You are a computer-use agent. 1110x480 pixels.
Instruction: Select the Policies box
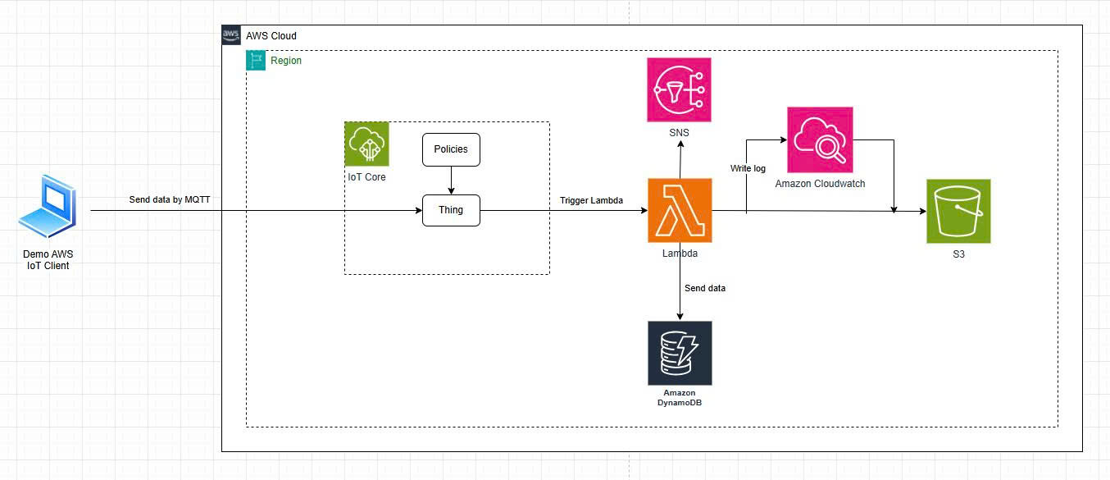(451, 149)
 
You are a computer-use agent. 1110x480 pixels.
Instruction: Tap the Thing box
(451, 210)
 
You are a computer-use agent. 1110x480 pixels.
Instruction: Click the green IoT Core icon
(367, 145)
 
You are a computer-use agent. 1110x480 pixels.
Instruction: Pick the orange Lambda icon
(680, 211)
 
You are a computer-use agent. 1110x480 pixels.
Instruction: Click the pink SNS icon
(680, 89)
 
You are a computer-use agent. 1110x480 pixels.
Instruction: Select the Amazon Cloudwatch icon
(820, 139)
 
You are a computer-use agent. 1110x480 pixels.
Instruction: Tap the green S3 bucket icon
(958, 211)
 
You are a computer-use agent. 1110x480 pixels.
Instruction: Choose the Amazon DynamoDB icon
(680, 353)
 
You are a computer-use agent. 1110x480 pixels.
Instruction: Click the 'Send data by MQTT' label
(170, 200)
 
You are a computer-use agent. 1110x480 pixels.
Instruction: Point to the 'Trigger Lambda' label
(591, 200)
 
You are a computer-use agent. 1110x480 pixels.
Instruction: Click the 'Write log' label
(748, 168)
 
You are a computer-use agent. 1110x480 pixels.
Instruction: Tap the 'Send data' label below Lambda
(705, 288)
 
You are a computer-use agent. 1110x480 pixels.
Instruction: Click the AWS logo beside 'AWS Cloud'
(231, 35)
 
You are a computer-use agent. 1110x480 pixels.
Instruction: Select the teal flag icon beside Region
(256, 61)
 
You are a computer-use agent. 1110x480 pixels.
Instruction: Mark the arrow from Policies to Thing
(451, 180)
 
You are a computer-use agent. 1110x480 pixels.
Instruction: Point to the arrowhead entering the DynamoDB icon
(680, 316)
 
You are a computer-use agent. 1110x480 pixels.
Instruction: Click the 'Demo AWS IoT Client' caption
(47, 260)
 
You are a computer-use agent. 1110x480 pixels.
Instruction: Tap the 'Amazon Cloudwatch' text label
(820, 183)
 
